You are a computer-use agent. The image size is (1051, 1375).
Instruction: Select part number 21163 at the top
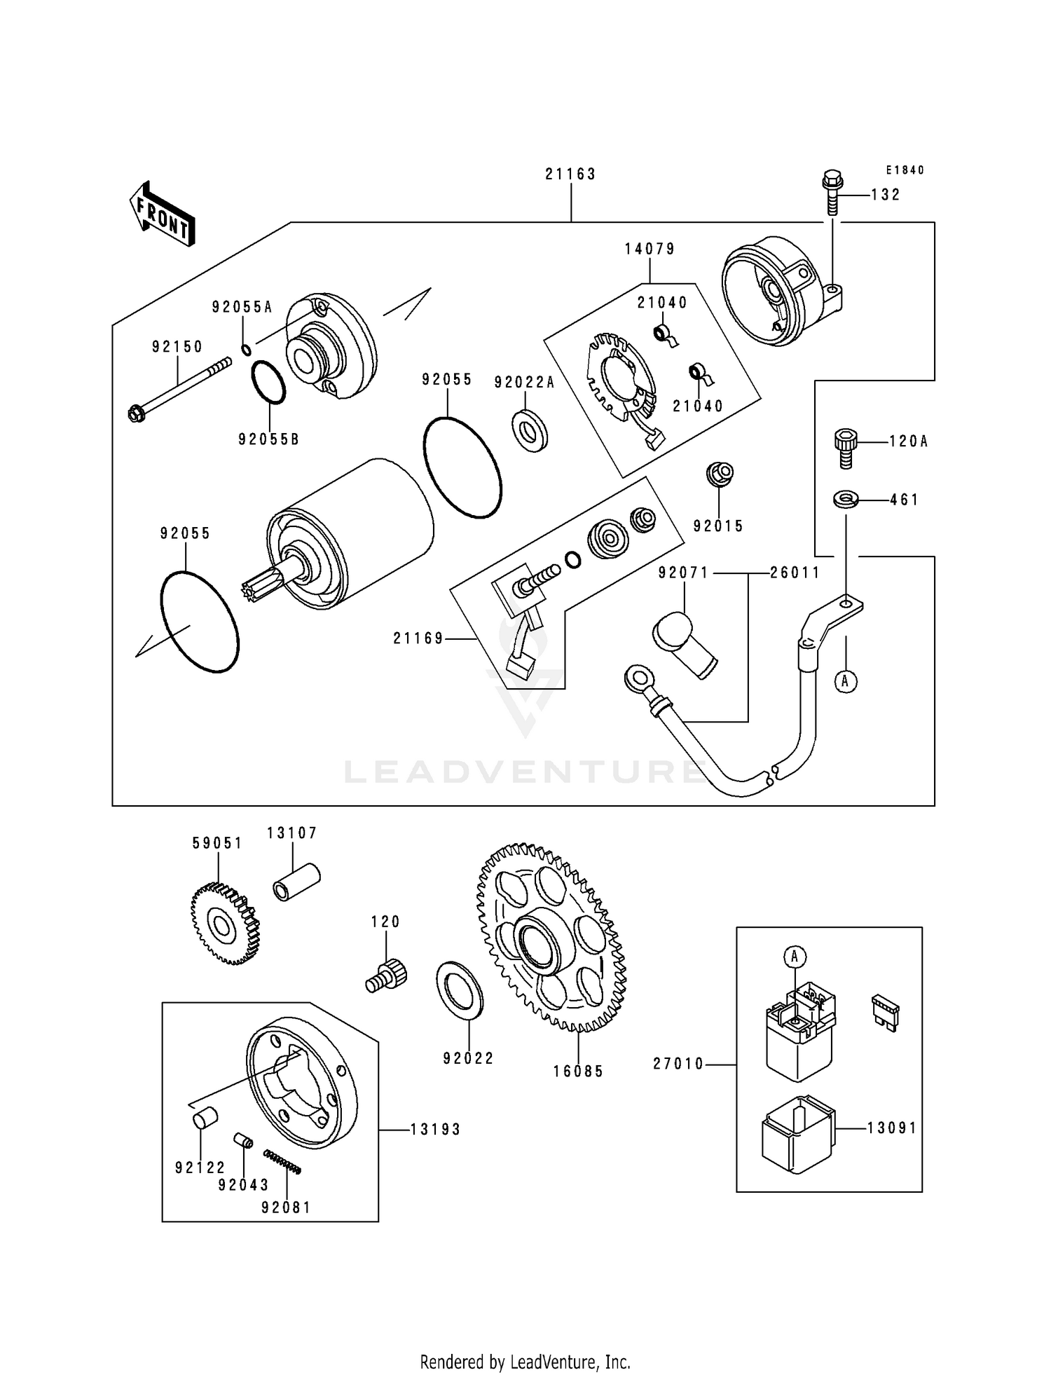(570, 174)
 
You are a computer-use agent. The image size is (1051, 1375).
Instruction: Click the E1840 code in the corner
(905, 170)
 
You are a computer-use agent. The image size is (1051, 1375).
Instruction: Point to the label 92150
(177, 347)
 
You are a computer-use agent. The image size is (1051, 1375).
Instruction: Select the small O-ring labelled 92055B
(268, 383)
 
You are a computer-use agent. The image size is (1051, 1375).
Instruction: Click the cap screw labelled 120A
(846, 449)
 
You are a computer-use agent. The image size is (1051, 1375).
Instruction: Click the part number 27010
(678, 1064)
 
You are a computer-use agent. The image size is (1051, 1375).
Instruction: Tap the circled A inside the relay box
(795, 956)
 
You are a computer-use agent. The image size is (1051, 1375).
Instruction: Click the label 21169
(418, 638)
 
